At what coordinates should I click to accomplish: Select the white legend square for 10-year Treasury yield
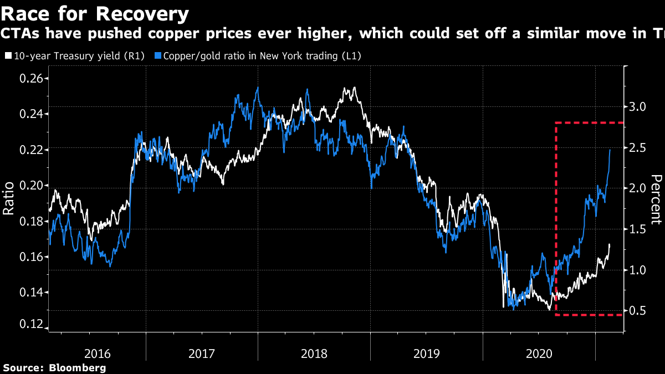point(8,56)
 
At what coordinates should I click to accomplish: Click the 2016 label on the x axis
point(98,353)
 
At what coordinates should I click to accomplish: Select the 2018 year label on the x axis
point(314,353)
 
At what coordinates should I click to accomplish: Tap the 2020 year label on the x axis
point(538,353)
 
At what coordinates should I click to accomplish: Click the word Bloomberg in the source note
point(78,367)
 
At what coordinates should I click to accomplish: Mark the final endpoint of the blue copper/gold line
point(610,150)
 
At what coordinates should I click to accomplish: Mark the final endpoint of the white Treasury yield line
point(610,244)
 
